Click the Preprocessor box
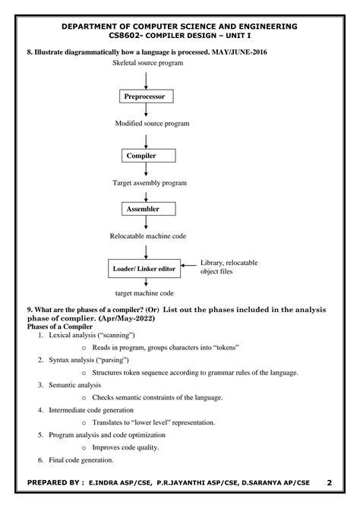coord(147,96)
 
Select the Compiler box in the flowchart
coord(149,156)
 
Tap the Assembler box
coord(149,209)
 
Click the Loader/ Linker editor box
coord(144,269)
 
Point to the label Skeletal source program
coord(148,63)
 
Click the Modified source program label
coord(153,124)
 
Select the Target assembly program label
coord(150,183)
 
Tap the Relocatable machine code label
coord(148,236)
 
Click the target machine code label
coord(144,293)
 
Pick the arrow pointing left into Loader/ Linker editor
coord(188,265)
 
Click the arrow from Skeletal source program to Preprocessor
coord(146,80)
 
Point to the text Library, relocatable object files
coord(229,267)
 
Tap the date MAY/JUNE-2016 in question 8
coord(239,52)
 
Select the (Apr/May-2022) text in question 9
coord(127,318)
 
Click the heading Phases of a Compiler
coord(60,327)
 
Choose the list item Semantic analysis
coord(75,385)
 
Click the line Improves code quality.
coord(125,447)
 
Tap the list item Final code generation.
coord(81,460)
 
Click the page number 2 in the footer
coord(329,483)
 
